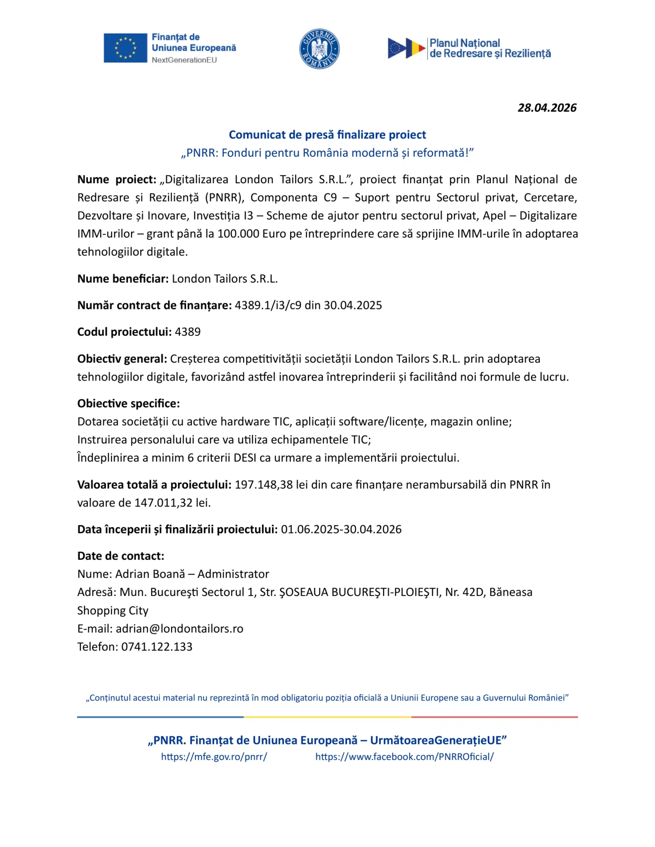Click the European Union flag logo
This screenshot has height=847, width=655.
click(125, 48)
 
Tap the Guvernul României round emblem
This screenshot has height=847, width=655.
click(319, 49)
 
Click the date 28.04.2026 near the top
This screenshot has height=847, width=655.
click(547, 108)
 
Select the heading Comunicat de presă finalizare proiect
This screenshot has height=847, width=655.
click(327, 135)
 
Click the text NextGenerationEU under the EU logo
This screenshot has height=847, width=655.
click(184, 60)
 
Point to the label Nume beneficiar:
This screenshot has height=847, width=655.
click(123, 279)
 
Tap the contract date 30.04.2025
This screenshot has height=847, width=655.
click(353, 305)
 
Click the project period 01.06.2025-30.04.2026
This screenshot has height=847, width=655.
click(341, 530)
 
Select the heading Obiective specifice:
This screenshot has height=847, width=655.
click(128, 403)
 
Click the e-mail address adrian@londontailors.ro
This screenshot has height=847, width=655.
click(179, 629)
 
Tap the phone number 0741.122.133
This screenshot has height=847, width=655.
click(157, 647)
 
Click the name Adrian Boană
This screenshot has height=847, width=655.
click(150, 574)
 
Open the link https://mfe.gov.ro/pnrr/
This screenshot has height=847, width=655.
click(214, 757)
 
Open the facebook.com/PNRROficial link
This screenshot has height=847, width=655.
click(404, 757)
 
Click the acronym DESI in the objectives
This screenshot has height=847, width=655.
click(245, 458)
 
